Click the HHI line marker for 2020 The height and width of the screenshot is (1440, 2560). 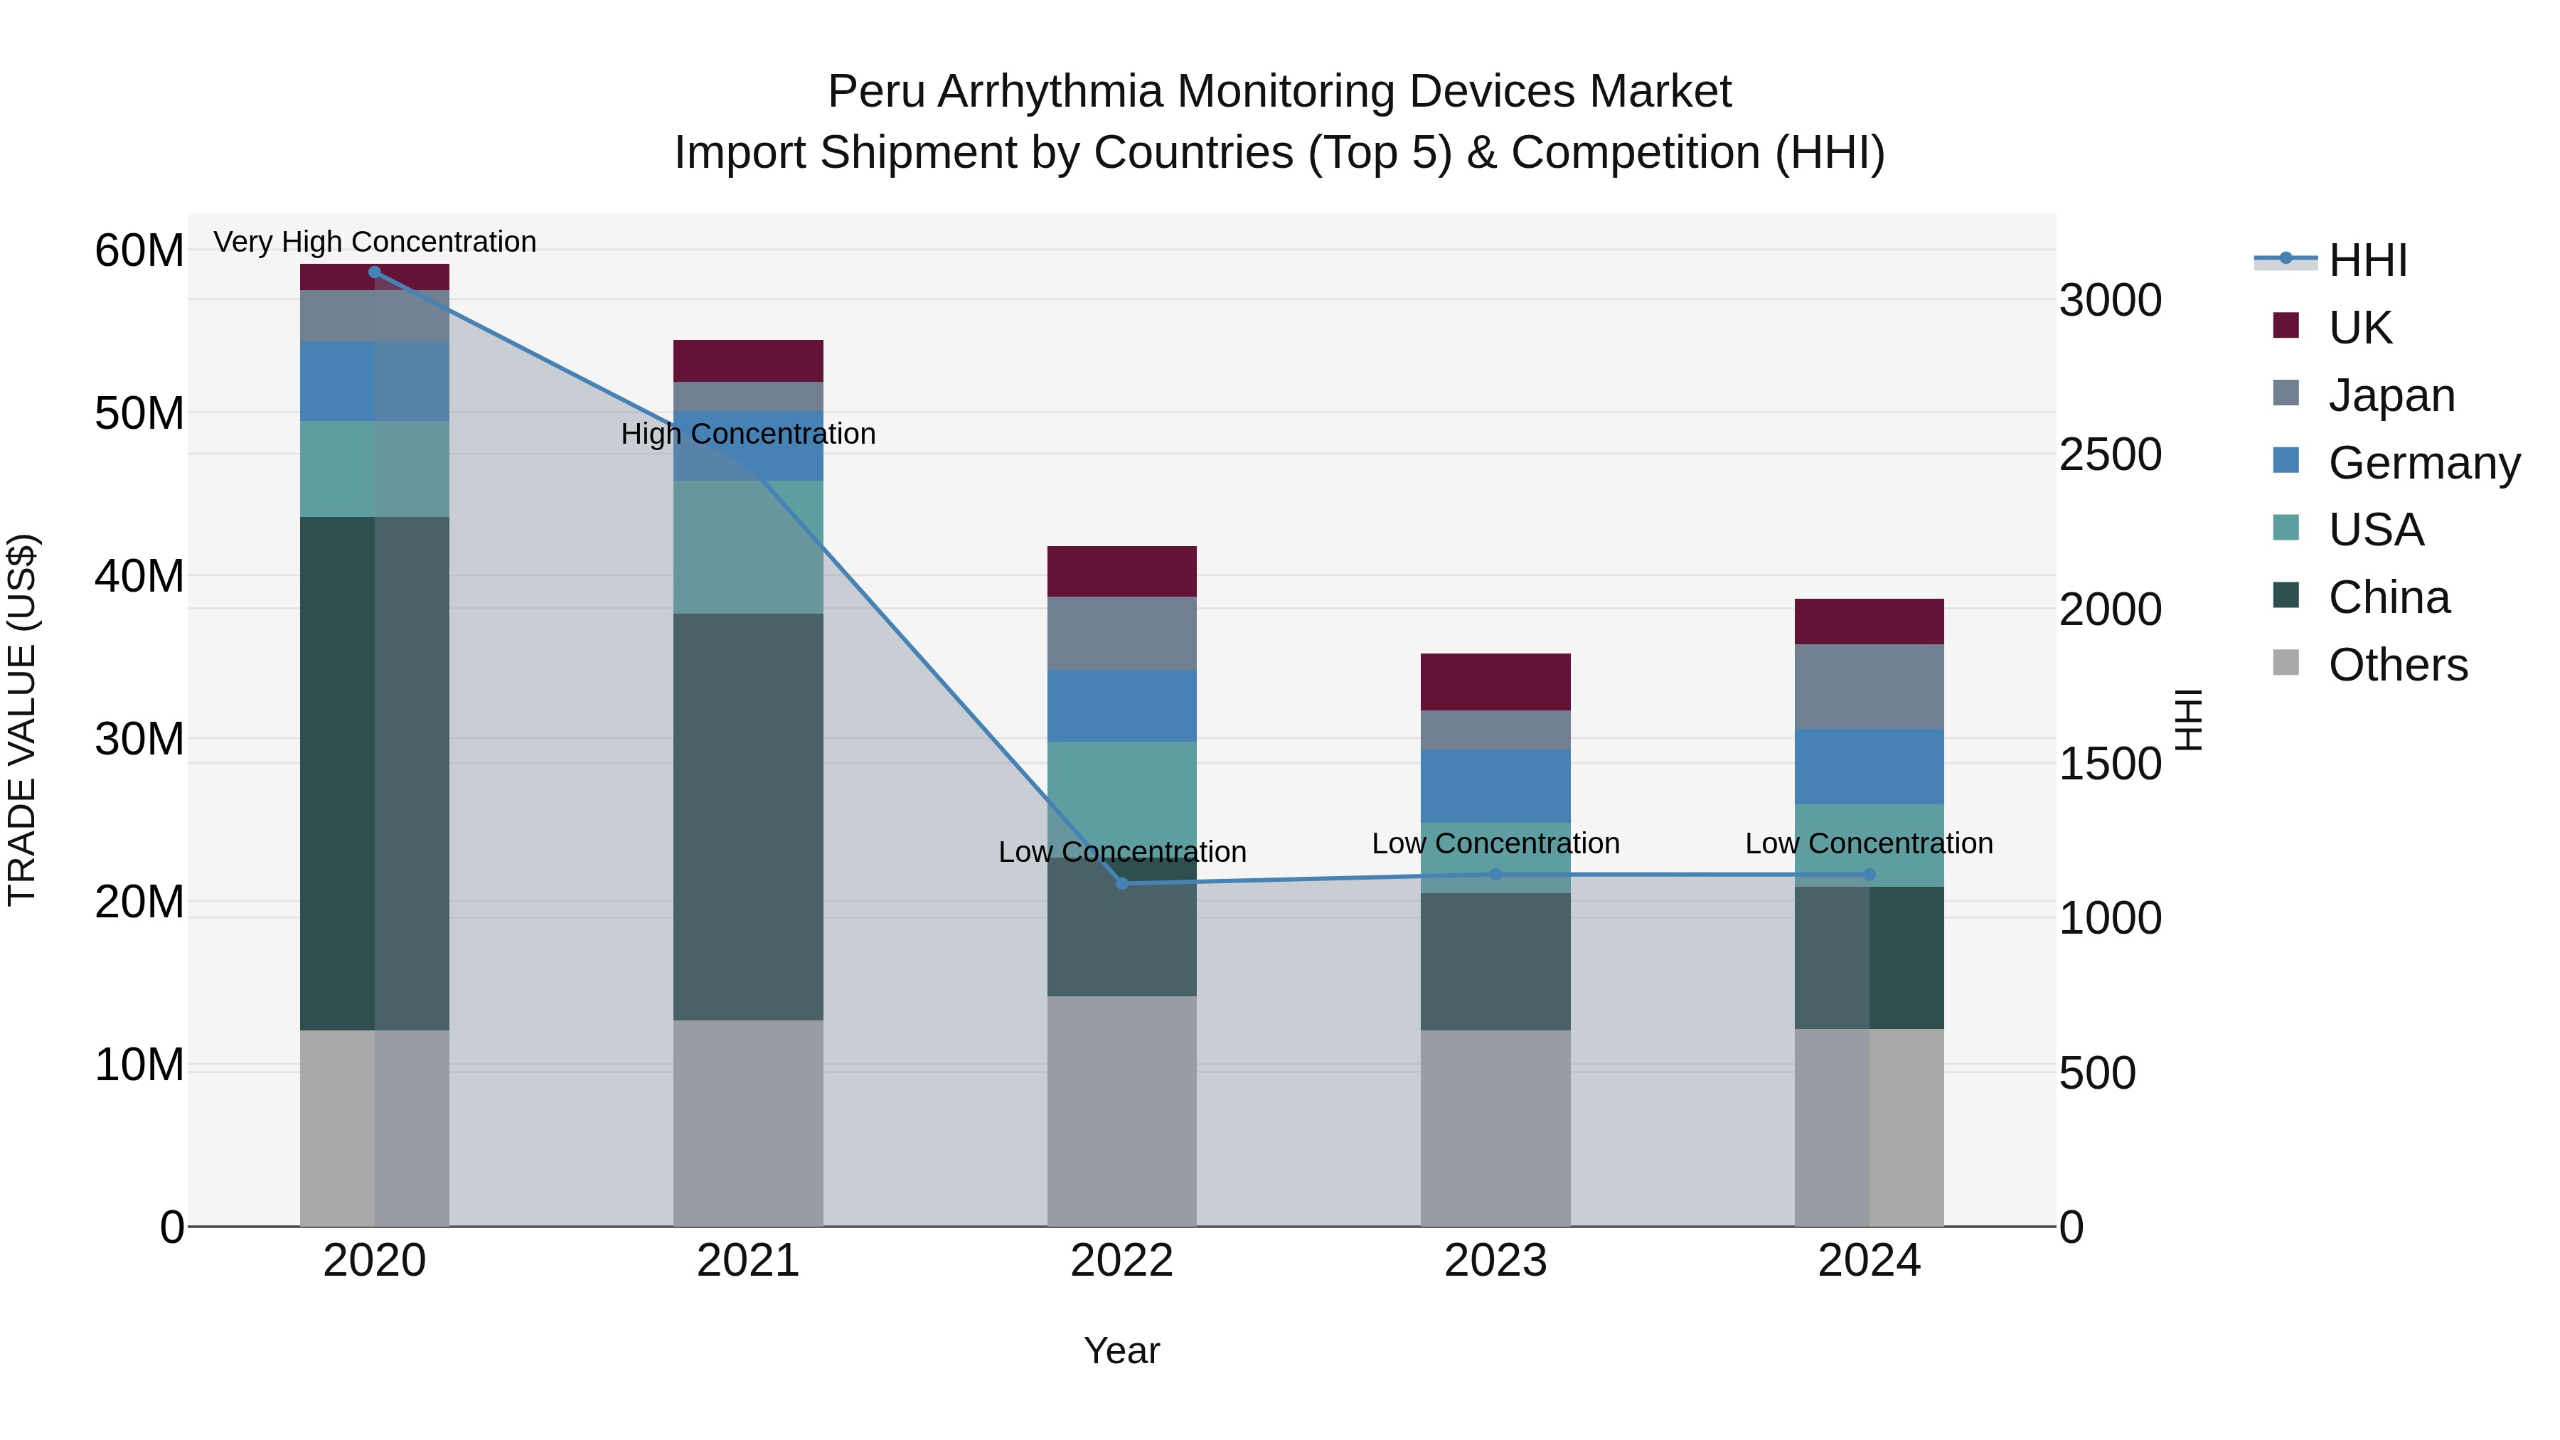(x=375, y=272)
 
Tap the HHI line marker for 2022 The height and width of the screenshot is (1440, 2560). (x=1122, y=882)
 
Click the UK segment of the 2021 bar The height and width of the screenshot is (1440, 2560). (x=748, y=361)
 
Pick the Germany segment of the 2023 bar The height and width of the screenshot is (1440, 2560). (x=1495, y=785)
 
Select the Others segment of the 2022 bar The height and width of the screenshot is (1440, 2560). (x=1122, y=1110)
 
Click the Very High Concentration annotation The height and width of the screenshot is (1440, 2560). (x=375, y=242)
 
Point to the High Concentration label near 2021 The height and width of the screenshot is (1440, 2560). (x=748, y=434)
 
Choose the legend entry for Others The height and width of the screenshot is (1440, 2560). (x=2397, y=665)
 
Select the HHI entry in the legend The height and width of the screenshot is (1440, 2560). (x=2367, y=260)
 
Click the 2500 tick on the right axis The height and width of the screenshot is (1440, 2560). (x=2110, y=455)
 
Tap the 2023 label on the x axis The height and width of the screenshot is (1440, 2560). (x=1495, y=1261)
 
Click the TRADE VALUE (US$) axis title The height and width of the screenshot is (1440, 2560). (x=23, y=720)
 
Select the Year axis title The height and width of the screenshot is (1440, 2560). (x=1122, y=1350)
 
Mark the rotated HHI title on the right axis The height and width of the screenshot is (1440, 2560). (x=2187, y=720)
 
